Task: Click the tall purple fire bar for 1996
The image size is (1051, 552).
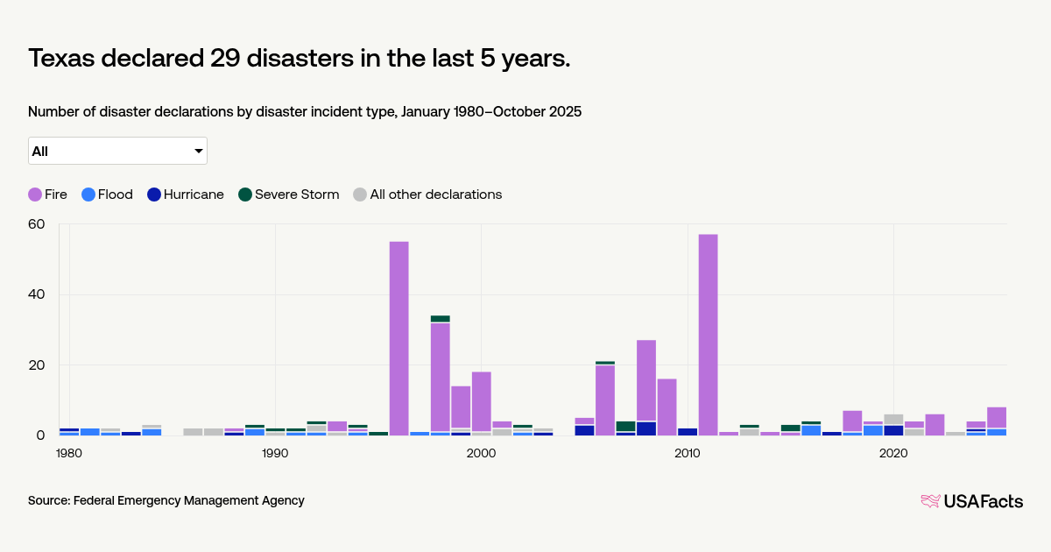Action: click(399, 337)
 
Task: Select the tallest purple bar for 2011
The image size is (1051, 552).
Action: click(708, 333)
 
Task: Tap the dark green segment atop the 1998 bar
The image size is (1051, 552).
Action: click(440, 319)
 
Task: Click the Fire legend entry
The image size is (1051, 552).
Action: click(47, 195)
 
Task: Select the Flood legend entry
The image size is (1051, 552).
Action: click(106, 195)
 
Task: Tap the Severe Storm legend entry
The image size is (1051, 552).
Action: click(288, 195)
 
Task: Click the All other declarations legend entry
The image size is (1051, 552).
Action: click(427, 195)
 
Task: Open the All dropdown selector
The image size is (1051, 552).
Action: click(117, 151)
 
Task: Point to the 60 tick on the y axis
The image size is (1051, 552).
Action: click(36, 224)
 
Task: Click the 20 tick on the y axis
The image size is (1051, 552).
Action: click(36, 365)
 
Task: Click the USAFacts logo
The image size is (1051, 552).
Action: click(971, 501)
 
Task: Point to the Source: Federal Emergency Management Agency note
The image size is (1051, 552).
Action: click(166, 500)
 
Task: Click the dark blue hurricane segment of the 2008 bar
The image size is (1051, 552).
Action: click(646, 428)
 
